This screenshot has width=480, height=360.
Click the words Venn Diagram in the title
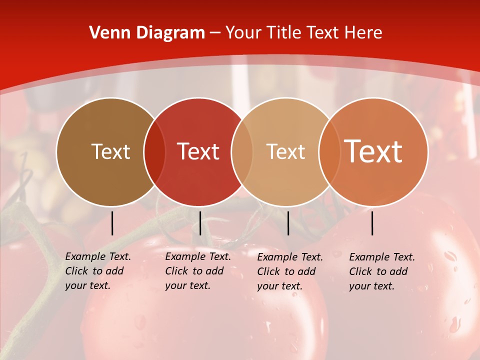tap(147, 33)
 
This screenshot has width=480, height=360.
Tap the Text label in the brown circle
tap(110, 151)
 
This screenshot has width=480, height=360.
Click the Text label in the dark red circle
tap(198, 151)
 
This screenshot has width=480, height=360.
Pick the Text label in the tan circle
tap(285, 151)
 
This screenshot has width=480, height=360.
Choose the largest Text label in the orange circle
tap(373, 151)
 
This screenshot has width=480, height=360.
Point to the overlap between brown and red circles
tap(154, 152)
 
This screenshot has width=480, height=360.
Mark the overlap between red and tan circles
tap(242, 152)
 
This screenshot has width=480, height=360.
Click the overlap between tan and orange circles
tap(328, 152)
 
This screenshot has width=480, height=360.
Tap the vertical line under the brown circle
tap(112, 223)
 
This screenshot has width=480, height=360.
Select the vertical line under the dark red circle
tap(200, 223)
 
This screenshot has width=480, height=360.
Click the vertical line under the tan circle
tap(288, 223)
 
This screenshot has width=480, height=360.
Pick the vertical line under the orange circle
tap(372, 223)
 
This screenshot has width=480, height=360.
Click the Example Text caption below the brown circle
tap(98, 271)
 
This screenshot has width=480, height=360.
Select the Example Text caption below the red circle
tap(198, 271)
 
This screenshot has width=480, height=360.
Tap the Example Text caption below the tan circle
tap(290, 271)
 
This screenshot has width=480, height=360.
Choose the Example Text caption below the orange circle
tap(382, 271)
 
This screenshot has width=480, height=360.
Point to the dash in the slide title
tap(215, 33)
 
